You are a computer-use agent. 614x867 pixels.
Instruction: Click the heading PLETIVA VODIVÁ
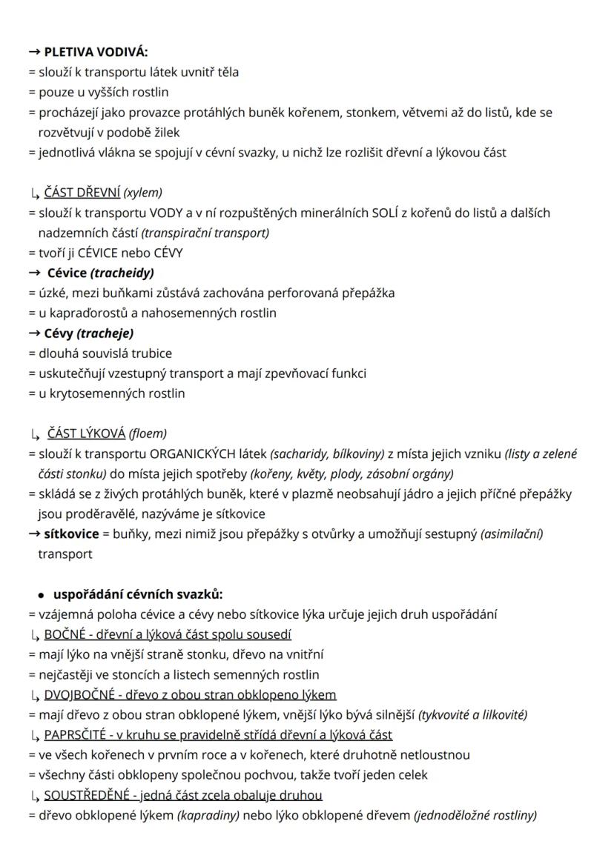(96, 52)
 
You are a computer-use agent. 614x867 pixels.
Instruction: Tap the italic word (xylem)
(143, 193)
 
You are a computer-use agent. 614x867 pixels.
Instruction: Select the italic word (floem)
(148, 433)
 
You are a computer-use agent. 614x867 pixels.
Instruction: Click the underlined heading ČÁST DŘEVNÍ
(82, 193)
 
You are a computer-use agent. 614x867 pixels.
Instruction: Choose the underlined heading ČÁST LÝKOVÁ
(85, 433)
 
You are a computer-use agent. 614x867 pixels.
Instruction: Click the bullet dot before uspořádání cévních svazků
(39, 594)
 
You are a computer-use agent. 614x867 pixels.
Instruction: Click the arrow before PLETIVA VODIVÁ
(34, 52)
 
